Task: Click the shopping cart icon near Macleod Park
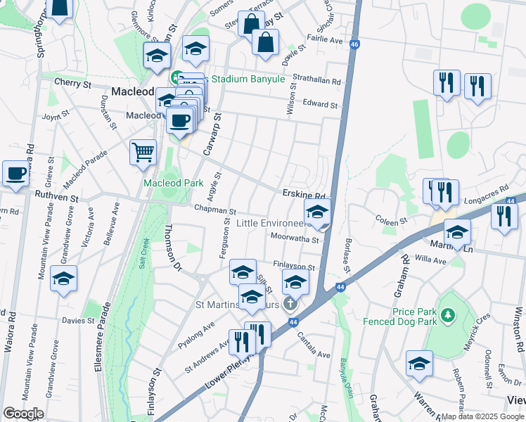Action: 143,151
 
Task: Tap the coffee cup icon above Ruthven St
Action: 15,172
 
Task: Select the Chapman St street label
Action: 214,210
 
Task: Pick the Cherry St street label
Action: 73,83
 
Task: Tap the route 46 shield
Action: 354,44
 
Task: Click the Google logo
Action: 23,414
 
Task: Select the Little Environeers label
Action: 273,223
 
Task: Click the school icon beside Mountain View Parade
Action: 63,279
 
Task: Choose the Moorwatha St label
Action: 294,239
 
